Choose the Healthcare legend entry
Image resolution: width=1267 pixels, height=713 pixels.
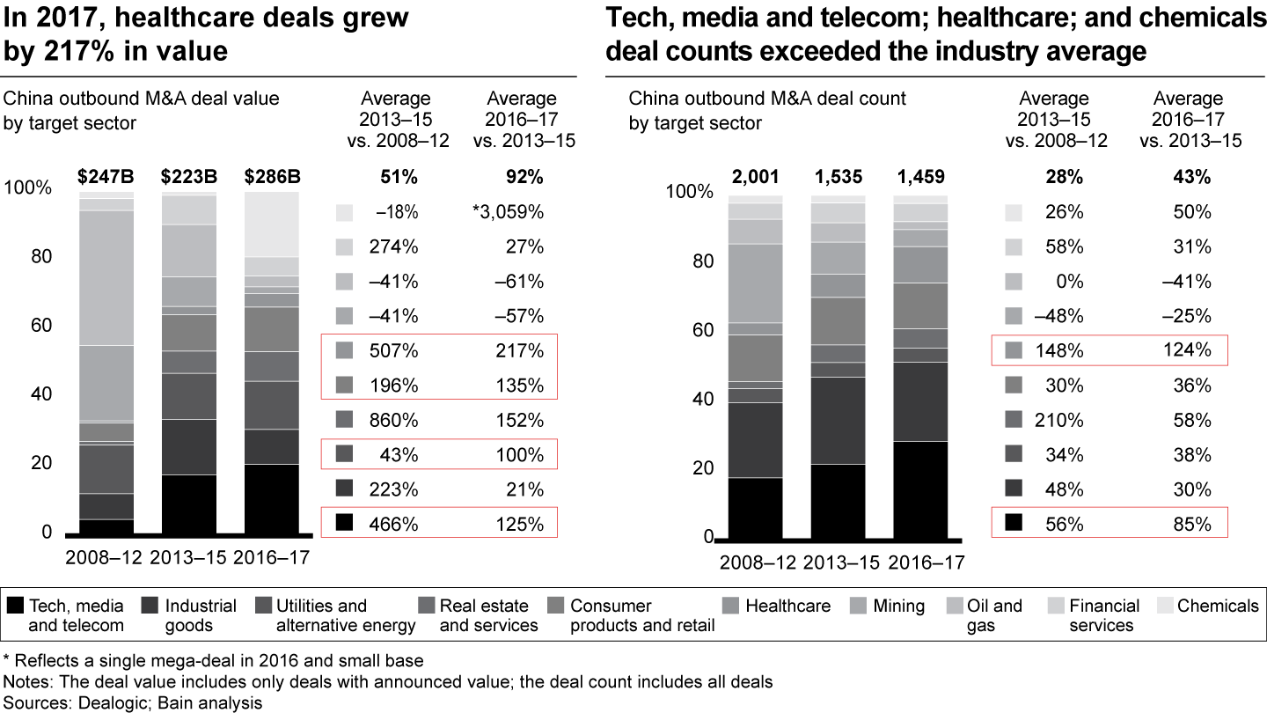787,606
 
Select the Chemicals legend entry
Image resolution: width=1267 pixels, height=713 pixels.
1218,606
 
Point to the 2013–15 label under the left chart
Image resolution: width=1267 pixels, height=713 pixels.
189,557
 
